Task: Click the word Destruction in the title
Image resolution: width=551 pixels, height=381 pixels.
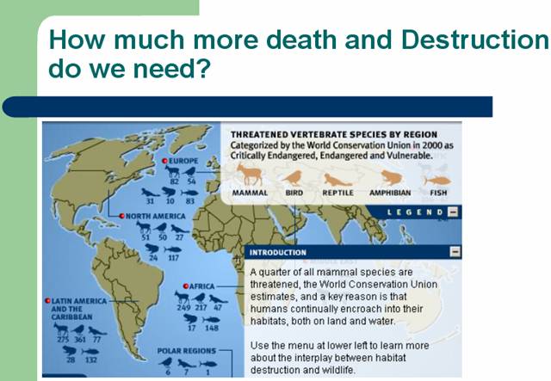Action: pos(475,40)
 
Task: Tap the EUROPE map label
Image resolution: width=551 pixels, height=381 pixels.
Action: pos(183,161)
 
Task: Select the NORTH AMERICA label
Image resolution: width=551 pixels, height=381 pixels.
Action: pos(155,217)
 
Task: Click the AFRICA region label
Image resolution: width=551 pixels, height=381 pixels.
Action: pos(201,286)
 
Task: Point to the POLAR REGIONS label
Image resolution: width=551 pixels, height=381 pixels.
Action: pos(187,351)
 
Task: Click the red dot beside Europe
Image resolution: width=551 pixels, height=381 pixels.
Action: pos(164,161)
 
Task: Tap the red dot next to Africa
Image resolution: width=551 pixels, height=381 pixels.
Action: pos(186,286)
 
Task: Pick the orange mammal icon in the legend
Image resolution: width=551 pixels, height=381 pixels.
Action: pos(250,175)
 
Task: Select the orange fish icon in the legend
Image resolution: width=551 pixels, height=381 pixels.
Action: pos(437,180)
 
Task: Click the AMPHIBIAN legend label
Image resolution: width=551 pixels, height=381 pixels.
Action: pos(390,193)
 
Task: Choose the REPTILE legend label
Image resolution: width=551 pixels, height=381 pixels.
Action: pos(338,193)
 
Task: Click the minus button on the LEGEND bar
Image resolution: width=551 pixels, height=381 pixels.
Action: pos(453,212)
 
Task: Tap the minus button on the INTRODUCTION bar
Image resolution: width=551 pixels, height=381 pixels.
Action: pos(455,252)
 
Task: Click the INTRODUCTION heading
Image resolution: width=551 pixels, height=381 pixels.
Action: pos(278,253)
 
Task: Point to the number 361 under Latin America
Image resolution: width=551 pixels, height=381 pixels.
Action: pos(80,340)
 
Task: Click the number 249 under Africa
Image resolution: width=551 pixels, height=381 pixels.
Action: pos(183,308)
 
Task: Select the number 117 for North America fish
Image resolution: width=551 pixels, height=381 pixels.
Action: pos(173,258)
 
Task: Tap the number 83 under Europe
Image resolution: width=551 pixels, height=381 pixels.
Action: pos(189,201)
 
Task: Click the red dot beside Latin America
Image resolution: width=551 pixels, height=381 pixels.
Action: pos(48,301)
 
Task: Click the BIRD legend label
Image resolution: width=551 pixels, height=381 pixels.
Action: pos(294,193)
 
